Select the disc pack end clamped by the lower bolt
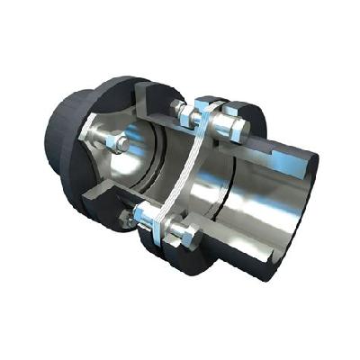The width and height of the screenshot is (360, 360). coord(162,227)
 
